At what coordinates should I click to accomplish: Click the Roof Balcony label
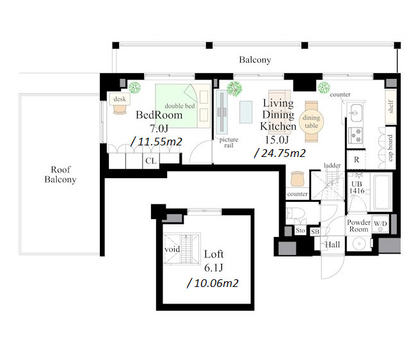tap(60, 174)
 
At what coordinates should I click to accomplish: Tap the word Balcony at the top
tap(255, 60)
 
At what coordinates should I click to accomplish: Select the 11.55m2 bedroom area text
tap(156, 142)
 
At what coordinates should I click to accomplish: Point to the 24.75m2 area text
tap(280, 153)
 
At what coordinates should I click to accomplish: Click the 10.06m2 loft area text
tap(213, 283)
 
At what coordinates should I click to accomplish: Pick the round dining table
tap(312, 122)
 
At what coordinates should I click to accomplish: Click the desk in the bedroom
tap(120, 99)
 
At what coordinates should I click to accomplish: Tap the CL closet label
tap(151, 161)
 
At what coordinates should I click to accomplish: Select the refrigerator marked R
tap(357, 160)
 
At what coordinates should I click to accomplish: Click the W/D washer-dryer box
tap(380, 224)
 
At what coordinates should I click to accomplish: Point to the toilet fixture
tap(296, 213)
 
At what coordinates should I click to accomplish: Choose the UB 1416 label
tap(357, 188)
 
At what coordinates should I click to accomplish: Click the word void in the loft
tap(172, 249)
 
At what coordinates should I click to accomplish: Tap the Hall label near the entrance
tap(333, 245)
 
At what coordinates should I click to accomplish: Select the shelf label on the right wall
tap(390, 106)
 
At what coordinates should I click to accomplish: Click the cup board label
tap(390, 148)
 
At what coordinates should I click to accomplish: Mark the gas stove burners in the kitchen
tap(355, 136)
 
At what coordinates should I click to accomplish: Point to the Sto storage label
tap(300, 231)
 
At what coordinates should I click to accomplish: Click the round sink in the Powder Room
tap(359, 243)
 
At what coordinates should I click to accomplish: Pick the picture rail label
tap(229, 143)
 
